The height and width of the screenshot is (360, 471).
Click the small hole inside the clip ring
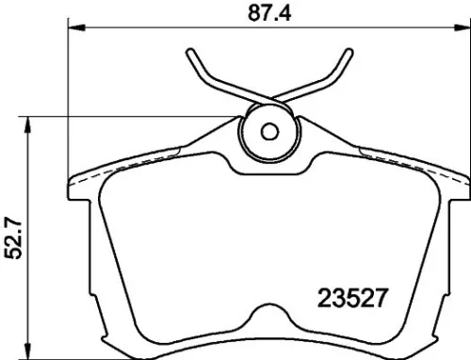[268, 132]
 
